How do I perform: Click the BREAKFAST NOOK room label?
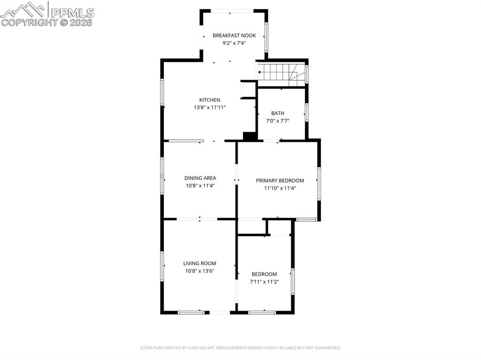pos(234,35)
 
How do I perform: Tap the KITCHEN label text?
pos(209,100)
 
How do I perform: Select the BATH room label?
pos(278,113)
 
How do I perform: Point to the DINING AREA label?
pos(200,178)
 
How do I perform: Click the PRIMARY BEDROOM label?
pos(280,180)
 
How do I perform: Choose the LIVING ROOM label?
pos(200,263)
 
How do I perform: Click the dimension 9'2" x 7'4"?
pos(234,43)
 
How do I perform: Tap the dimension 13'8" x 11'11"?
pos(210,107)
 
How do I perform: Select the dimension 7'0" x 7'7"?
pos(278,121)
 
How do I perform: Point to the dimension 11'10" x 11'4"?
pos(280,188)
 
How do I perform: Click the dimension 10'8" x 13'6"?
pos(200,271)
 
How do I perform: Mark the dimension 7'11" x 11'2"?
pos(264,282)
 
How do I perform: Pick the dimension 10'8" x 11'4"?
pos(200,185)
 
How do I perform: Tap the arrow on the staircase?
pos(260,72)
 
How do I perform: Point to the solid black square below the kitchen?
pos(249,136)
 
